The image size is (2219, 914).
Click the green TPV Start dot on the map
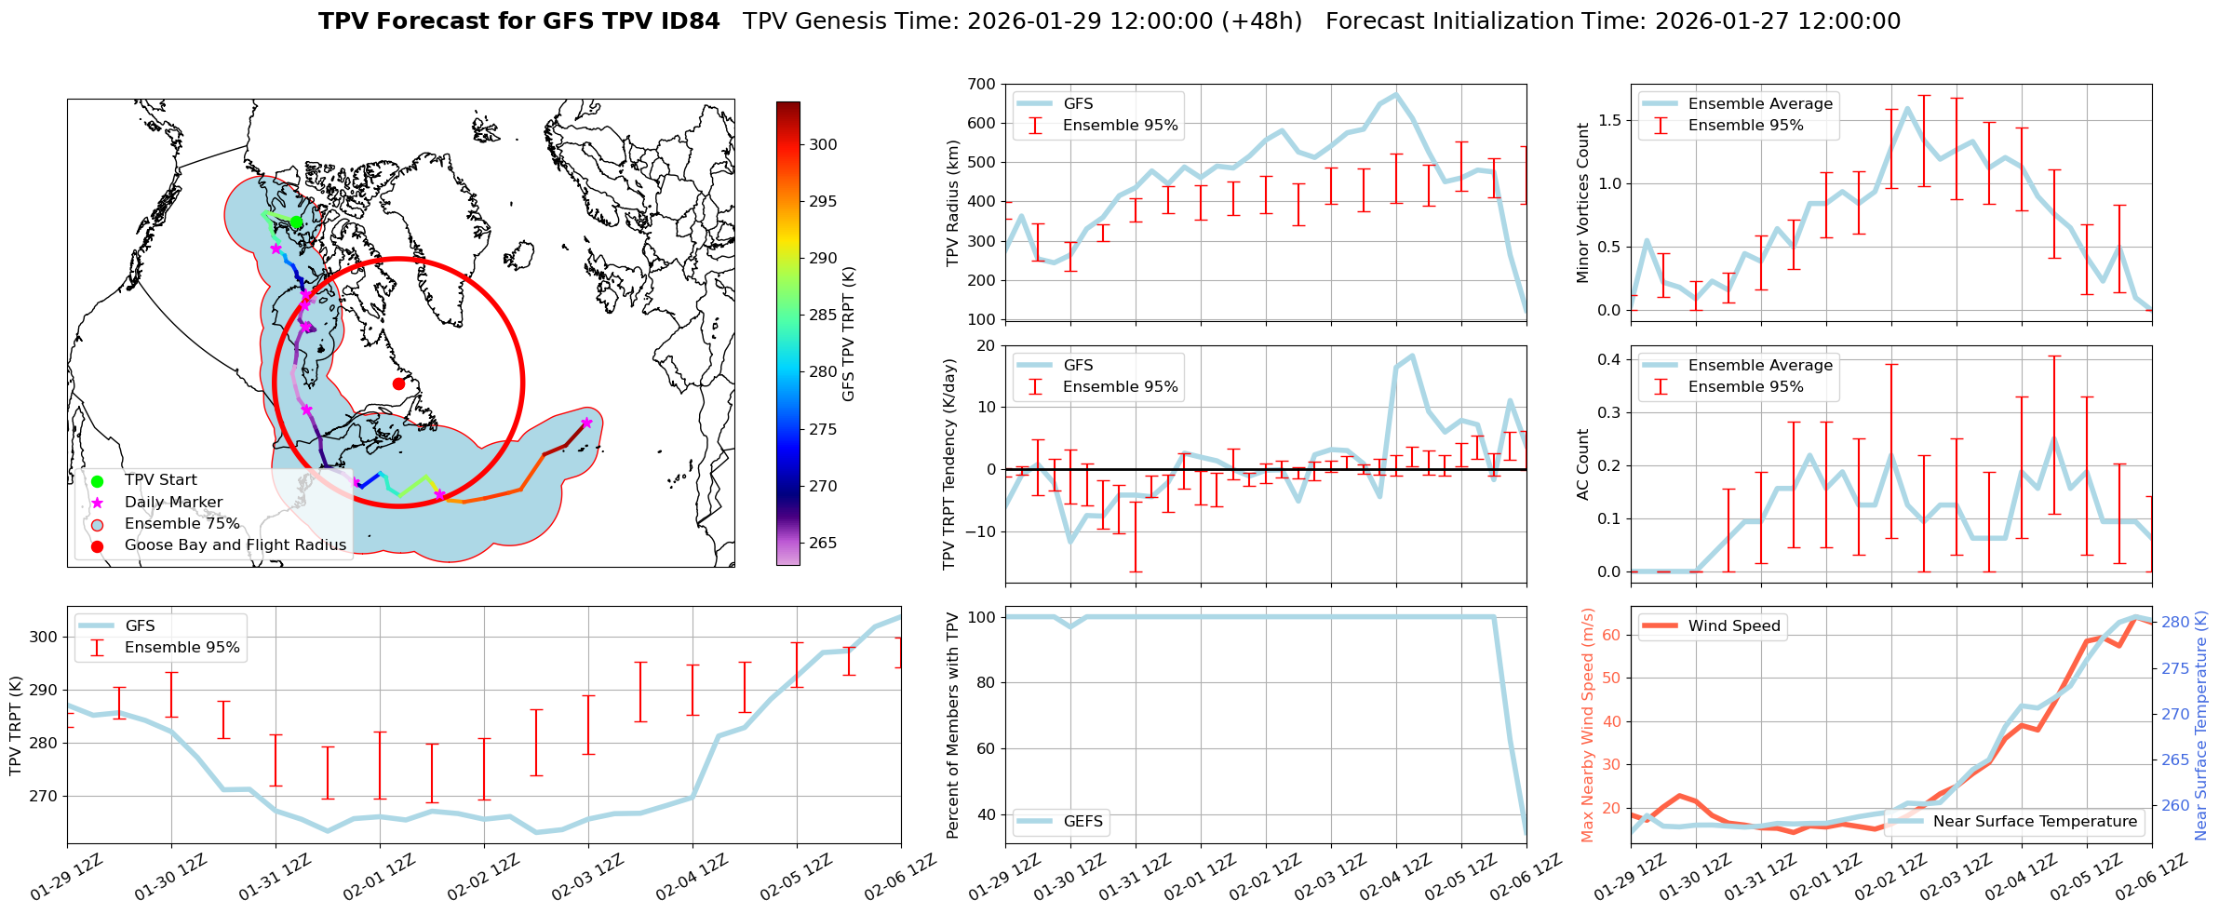296,222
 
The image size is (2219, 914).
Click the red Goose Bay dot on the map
398,383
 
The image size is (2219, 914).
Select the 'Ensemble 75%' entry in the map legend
182,524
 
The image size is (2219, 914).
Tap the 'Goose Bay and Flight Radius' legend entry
235,545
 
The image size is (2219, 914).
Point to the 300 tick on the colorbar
823,144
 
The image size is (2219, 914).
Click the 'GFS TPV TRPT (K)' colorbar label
848,334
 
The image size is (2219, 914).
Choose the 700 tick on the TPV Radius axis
981,84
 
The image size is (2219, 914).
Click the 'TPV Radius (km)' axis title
952,203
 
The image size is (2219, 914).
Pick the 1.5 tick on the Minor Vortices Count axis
1609,121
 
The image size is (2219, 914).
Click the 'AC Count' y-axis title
1583,464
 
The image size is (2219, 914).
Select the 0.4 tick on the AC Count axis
1609,360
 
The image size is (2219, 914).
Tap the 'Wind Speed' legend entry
1734,626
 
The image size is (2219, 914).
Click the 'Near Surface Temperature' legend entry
2035,822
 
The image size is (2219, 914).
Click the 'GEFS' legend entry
1083,822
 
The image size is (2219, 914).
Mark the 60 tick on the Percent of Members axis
985,748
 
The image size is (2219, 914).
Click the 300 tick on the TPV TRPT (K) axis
45,638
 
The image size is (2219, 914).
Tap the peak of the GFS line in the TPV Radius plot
1395,94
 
